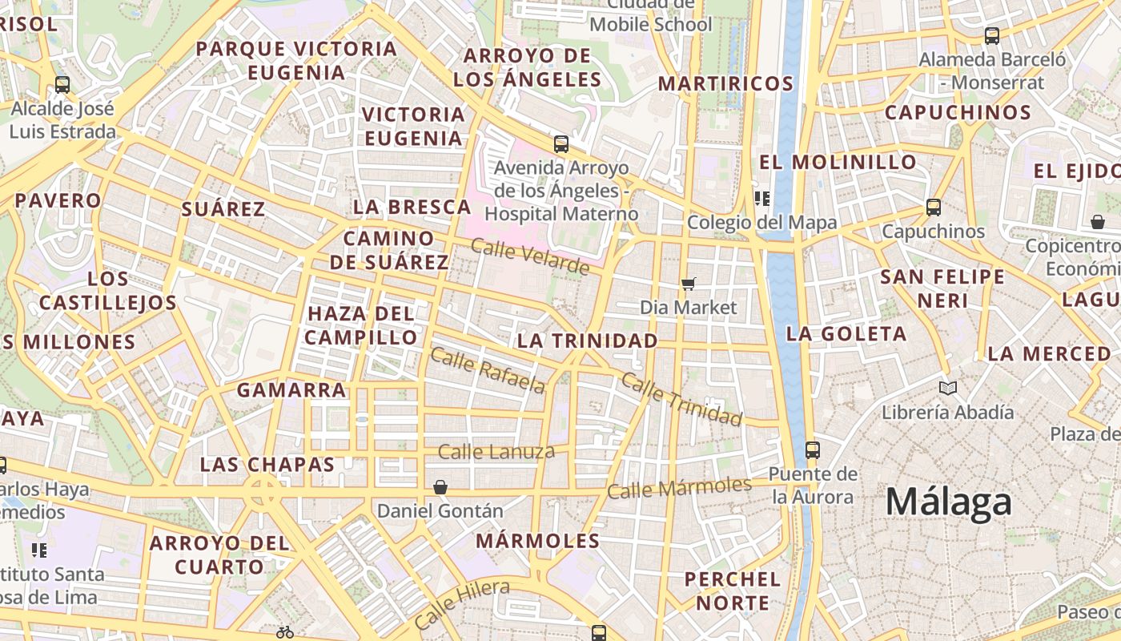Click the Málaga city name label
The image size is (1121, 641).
[x=948, y=502]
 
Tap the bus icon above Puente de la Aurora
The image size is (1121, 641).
[x=813, y=450]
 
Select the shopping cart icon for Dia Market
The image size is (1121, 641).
[x=688, y=283]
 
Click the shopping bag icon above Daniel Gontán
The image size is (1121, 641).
[x=440, y=486]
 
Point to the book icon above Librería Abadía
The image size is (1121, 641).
[x=948, y=389]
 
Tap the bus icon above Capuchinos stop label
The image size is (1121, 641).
[x=933, y=208]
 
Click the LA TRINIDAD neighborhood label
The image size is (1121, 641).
[x=587, y=341]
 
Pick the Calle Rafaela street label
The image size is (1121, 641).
[x=488, y=370]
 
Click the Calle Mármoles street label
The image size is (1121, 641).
[x=679, y=486]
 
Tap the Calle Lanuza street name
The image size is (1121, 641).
[x=496, y=452]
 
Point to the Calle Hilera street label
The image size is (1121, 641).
[x=462, y=603]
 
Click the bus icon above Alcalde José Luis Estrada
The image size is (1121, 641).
[x=62, y=84]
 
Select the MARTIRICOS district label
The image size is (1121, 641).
[x=725, y=83]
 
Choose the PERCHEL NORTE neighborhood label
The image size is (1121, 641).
[x=732, y=591]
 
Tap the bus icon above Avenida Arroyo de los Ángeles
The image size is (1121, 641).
[x=561, y=144]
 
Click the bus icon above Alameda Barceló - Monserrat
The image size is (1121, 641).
[x=992, y=35]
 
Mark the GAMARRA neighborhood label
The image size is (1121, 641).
[x=291, y=390]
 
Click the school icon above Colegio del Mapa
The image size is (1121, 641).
[x=761, y=198]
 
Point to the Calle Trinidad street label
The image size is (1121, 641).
[x=681, y=399]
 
